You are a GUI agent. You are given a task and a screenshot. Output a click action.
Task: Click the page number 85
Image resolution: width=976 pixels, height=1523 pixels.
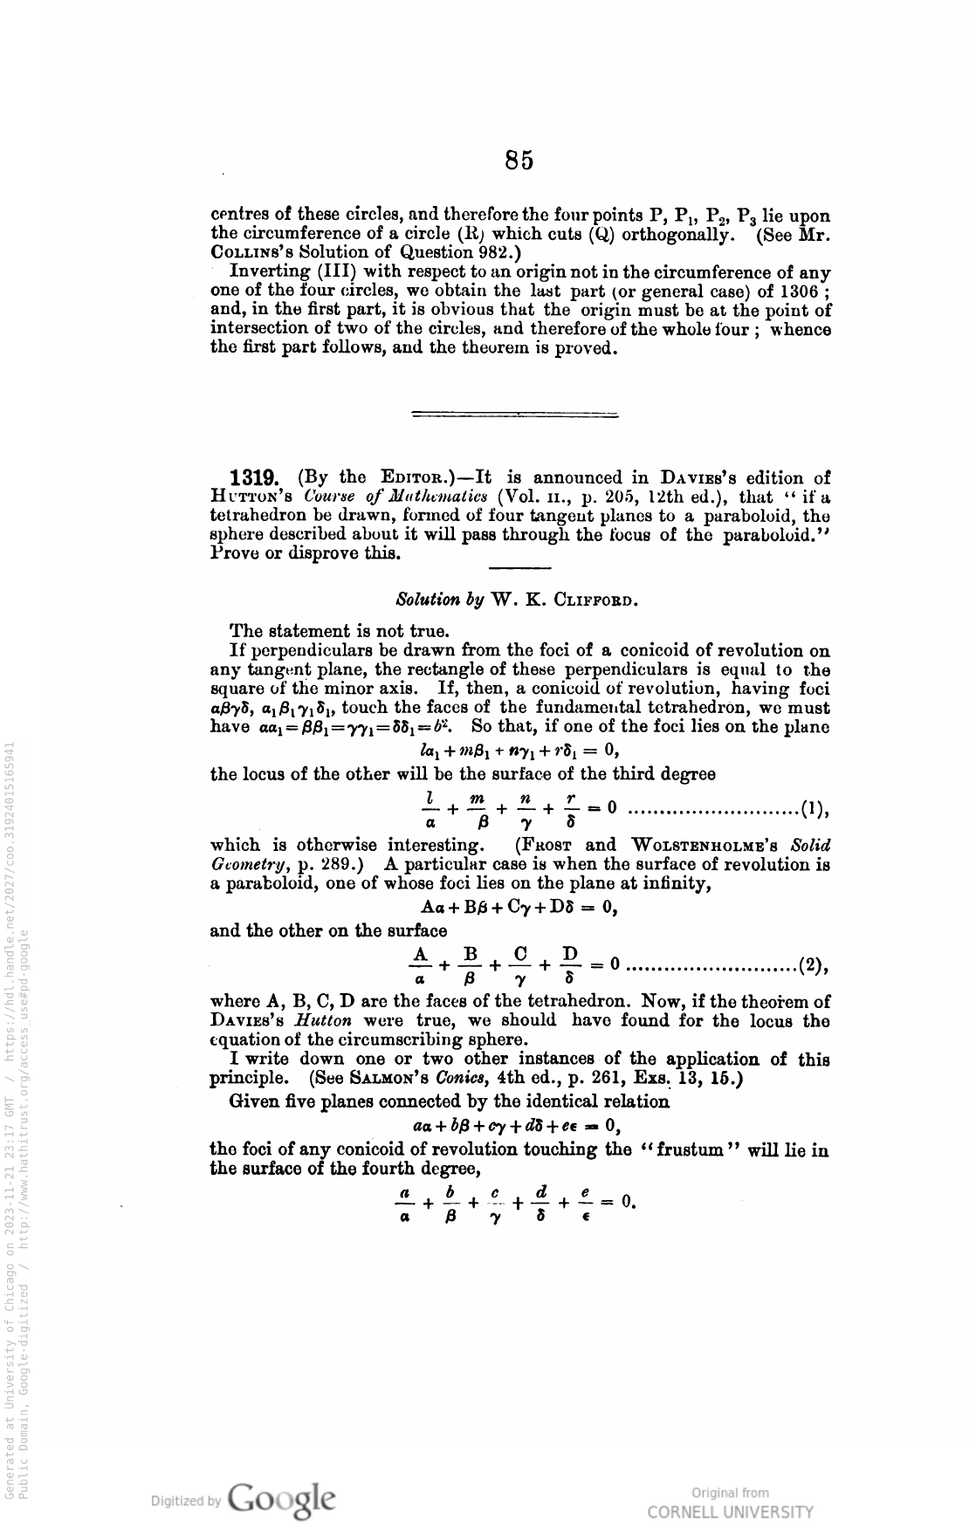pos(519,161)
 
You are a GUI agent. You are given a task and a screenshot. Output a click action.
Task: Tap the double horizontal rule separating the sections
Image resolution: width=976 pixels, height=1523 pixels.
pos(514,414)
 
